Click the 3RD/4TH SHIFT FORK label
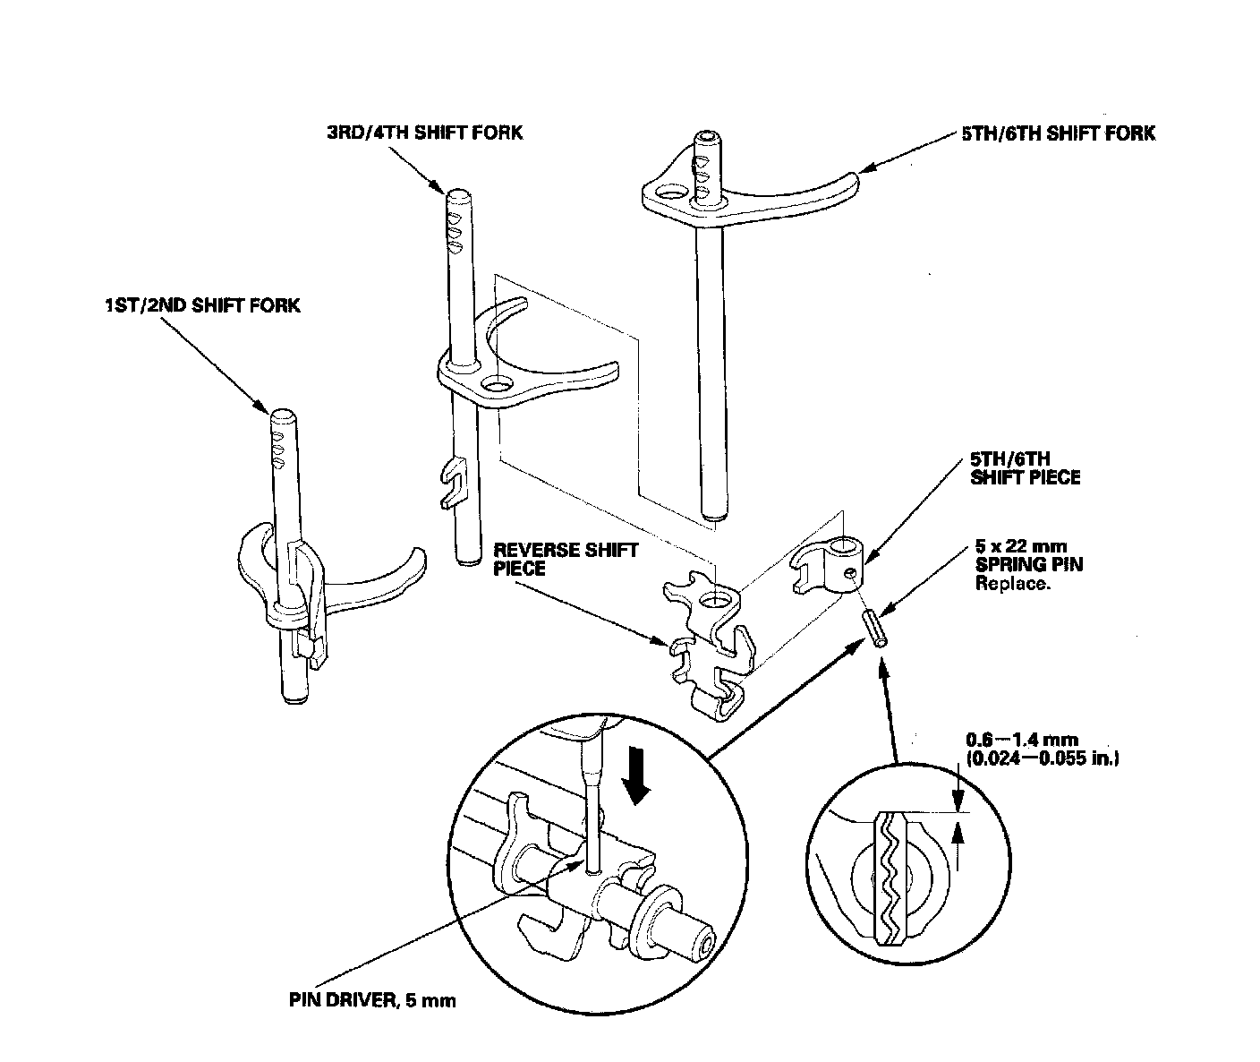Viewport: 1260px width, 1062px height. point(424,133)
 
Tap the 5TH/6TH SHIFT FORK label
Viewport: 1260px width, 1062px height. point(1058,133)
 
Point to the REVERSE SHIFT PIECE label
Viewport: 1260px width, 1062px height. point(566,559)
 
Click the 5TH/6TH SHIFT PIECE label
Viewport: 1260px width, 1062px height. point(1026,468)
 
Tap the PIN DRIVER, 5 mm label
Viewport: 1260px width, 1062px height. point(372,999)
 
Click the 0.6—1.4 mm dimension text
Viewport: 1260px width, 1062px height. point(1022,740)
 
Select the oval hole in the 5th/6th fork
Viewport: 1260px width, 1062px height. point(666,192)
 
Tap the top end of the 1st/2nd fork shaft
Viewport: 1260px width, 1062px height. point(283,415)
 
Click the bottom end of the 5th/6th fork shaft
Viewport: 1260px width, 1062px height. point(713,515)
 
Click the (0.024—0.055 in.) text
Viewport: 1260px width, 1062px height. point(1043,758)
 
